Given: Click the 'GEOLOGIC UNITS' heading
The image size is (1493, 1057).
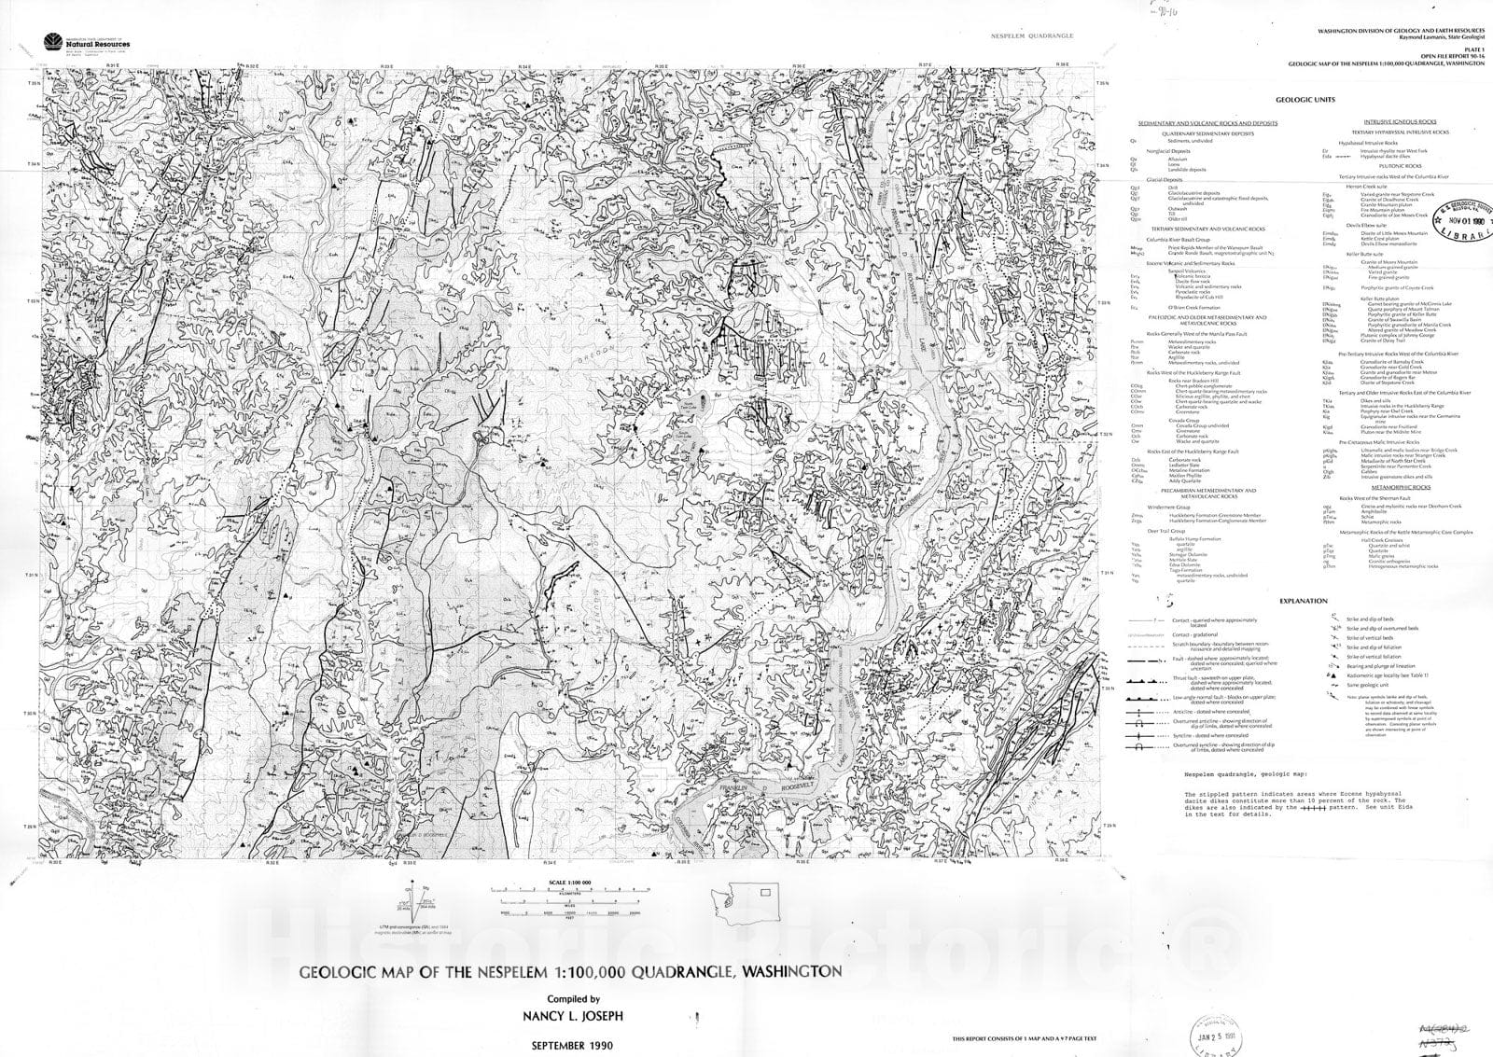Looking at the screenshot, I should pyautogui.click(x=1305, y=100).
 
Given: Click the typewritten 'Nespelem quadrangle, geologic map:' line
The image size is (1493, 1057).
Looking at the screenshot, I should pyautogui.click(x=1247, y=774).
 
